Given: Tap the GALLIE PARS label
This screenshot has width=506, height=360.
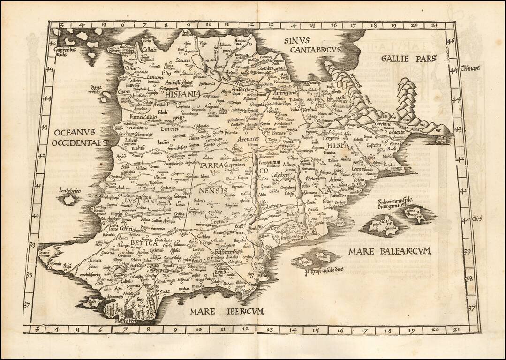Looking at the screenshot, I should (x=409, y=59).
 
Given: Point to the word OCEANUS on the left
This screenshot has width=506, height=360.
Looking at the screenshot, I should (x=74, y=132).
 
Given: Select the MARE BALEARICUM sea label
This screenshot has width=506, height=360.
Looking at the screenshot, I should (x=389, y=252).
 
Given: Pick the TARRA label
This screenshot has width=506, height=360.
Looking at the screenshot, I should (x=211, y=166).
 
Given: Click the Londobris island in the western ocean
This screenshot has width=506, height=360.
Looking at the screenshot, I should (x=70, y=199).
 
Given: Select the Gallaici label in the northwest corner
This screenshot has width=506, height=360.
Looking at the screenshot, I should (x=150, y=49).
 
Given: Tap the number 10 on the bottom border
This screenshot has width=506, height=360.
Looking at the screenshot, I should (x=198, y=330).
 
